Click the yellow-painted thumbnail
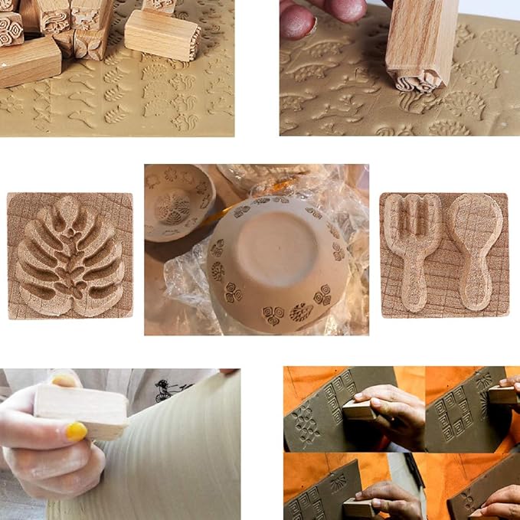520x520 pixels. (x=76, y=432)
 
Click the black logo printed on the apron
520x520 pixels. (x=169, y=388)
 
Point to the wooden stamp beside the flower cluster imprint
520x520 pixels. (x=360, y=410)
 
